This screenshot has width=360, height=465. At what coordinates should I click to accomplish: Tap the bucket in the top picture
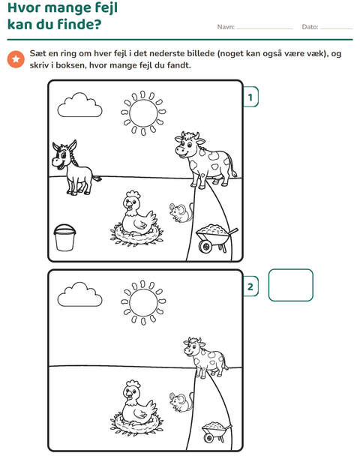tap(64, 238)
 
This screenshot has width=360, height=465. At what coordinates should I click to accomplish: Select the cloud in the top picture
tap(79, 106)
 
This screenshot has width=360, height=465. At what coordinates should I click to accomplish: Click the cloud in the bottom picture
tap(79, 295)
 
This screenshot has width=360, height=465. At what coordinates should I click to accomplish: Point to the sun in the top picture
tap(143, 113)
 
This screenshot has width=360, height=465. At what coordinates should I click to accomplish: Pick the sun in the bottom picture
tap(143, 302)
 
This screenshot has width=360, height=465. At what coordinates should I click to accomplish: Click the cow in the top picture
tap(205, 160)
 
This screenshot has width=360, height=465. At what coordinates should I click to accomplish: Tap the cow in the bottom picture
tap(205, 357)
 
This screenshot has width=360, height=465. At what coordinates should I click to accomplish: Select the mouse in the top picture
tap(181, 212)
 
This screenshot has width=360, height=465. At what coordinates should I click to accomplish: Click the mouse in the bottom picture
tap(181, 402)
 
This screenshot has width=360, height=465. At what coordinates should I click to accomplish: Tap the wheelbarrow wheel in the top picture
tap(205, 247)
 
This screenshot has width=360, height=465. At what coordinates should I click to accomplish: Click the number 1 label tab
tap(250, 97)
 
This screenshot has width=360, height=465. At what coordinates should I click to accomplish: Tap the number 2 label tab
tap(250, 286)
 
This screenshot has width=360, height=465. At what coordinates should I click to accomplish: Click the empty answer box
tap(290, 285)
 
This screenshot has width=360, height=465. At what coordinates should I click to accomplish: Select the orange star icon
tap(16, 59)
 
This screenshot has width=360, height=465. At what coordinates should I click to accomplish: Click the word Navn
tap(226, 27)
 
